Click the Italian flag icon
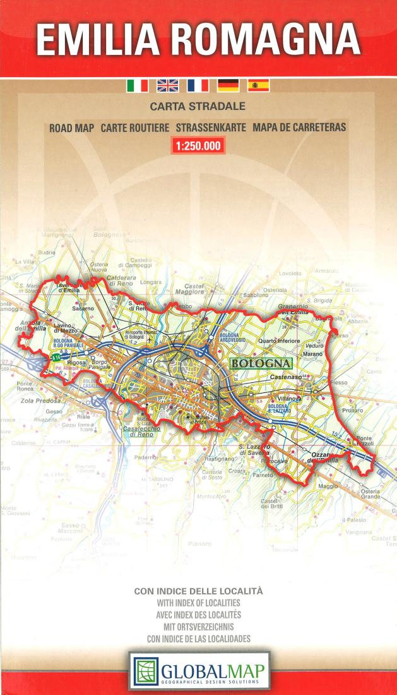click(x=137, y=85)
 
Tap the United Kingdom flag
click(x=168, y=85)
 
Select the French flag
click(x=198, y=85)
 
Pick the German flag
click(x=228, y=85)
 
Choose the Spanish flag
click(x=258, y=85)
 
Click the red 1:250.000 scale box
click(x=198, y=146)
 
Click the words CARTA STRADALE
click(x=198, y=107)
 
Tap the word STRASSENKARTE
click(x=211, y=128)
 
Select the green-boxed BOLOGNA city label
click(x=261, y=363)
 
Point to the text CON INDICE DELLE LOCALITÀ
click(x=198, y=591)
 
